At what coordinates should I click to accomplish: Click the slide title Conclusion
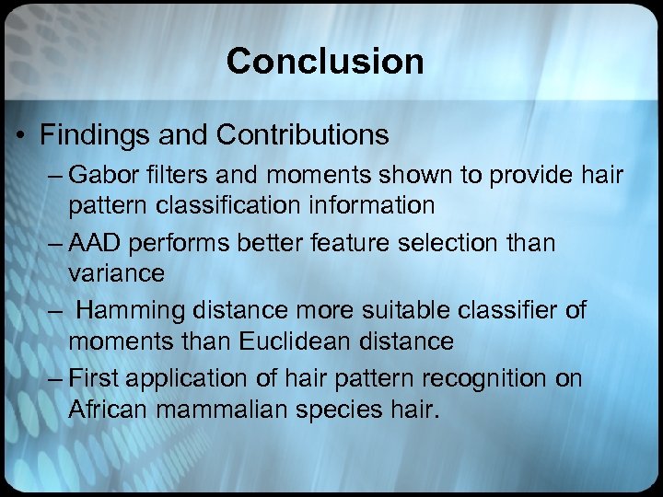[325, 62]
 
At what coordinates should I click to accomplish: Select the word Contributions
[303, 135]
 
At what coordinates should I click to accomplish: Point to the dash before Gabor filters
[52, 176]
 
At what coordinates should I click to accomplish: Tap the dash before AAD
[52, 244]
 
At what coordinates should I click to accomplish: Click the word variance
[117, 272]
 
